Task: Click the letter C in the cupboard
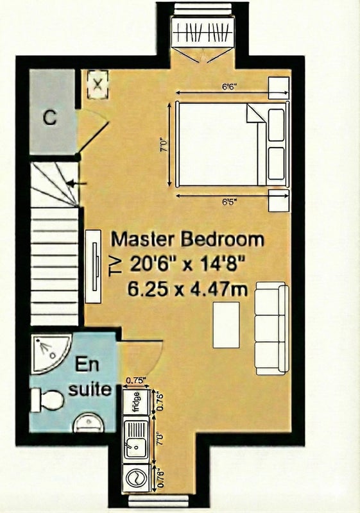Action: pyautogui.click(x=50, y=117)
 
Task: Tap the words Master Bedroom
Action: pyautogui.click(x=187, y=240)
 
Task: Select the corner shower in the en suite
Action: pyautogui.click(x=48, y=352)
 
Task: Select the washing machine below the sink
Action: pyautogui.click(x=137, y=478)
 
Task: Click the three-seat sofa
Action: pyautogui.click(x=271, y=328)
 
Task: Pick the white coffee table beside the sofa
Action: pyautogui.click(x=226, y=324)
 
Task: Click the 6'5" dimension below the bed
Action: pyautogui.click(x=229, y=201)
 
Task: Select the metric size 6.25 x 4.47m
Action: pyautogui.click(x=188, y=289)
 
